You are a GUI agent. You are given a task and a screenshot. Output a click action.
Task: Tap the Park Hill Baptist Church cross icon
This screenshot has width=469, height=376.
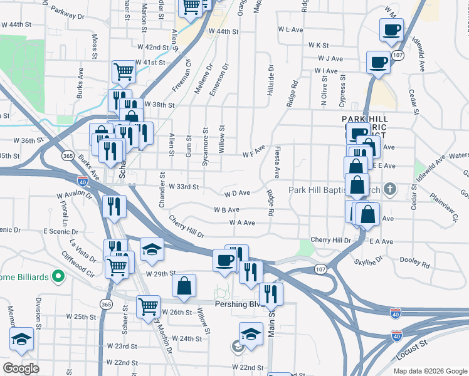(390, 188)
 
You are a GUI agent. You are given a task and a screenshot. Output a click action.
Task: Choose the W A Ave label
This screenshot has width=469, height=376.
(242, 222)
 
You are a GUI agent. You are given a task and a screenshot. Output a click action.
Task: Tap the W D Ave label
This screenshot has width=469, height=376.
(236, 194)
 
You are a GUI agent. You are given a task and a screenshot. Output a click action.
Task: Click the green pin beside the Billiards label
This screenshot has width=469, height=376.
(58, 275)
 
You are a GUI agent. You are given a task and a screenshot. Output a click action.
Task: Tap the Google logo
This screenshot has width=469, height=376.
(21, 368)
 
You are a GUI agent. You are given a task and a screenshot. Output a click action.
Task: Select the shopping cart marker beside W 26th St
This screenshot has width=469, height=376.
(149, 307)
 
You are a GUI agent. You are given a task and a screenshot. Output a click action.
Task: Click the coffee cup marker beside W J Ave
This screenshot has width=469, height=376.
(378, 61)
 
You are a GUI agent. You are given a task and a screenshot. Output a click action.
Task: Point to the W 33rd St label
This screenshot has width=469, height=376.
(184, 187)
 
